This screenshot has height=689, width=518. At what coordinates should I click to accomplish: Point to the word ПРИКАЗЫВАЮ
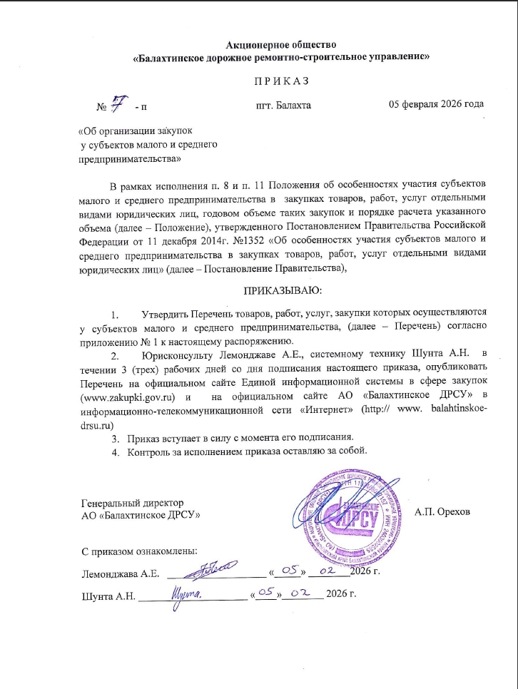pos(283,292)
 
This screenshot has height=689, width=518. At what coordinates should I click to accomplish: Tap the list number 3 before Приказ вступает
pos(113,437)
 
